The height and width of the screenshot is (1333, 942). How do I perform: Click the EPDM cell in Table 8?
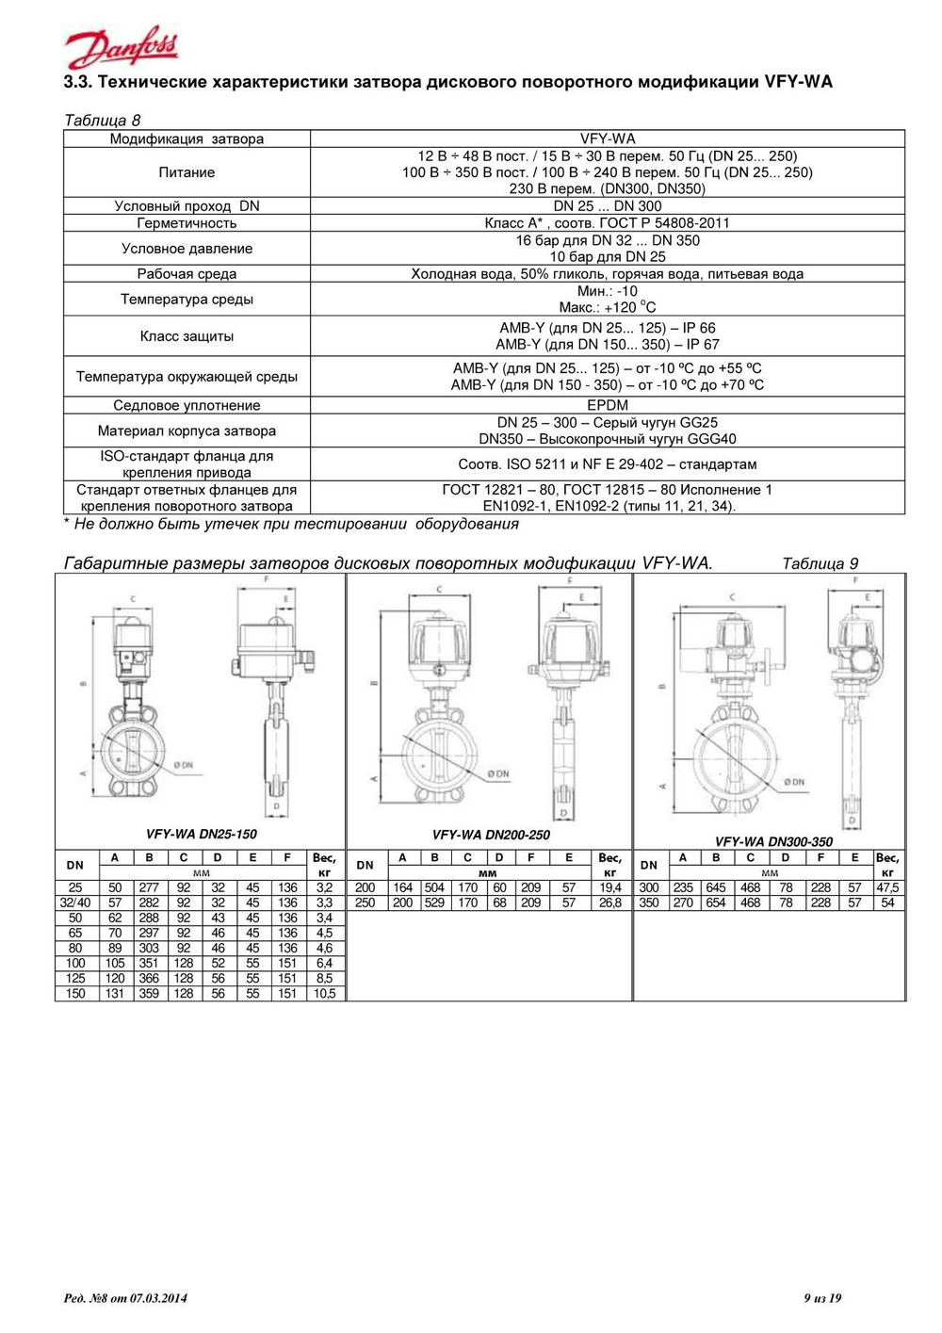(x=607, y=405)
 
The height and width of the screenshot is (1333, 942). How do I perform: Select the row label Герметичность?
(x=187, y=223)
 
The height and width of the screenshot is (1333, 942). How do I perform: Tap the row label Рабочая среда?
(x=187, y=274)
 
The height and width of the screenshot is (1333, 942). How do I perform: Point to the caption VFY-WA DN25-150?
(x=202, y=834)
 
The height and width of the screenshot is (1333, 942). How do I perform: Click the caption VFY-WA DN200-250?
(x=491, y=835)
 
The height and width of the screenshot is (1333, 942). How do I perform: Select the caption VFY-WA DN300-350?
(x=773, y=841)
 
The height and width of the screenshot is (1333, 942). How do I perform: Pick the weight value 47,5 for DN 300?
(x=887, y=887)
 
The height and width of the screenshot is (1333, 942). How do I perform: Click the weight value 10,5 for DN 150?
(x=324, y=993)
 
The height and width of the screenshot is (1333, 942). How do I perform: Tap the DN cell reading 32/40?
(x=75, y=902)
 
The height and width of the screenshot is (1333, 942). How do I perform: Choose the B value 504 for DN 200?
(x=434, y=887)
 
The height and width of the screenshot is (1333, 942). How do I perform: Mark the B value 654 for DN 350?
(x=716, y=902)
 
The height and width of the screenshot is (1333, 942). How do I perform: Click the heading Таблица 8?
(x=102, y=121)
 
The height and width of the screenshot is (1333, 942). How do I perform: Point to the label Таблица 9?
(x=820, y=563)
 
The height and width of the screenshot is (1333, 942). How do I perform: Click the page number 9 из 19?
(x=822, y=1298)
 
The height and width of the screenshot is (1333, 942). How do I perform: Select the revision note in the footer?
(x=125, y=1298)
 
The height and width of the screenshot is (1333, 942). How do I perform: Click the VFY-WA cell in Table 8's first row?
(x=607, y=138)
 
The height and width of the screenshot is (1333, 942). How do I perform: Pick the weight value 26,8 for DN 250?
(x=609, y=902)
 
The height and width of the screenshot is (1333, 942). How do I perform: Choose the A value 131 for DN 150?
(x=115, y=993)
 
